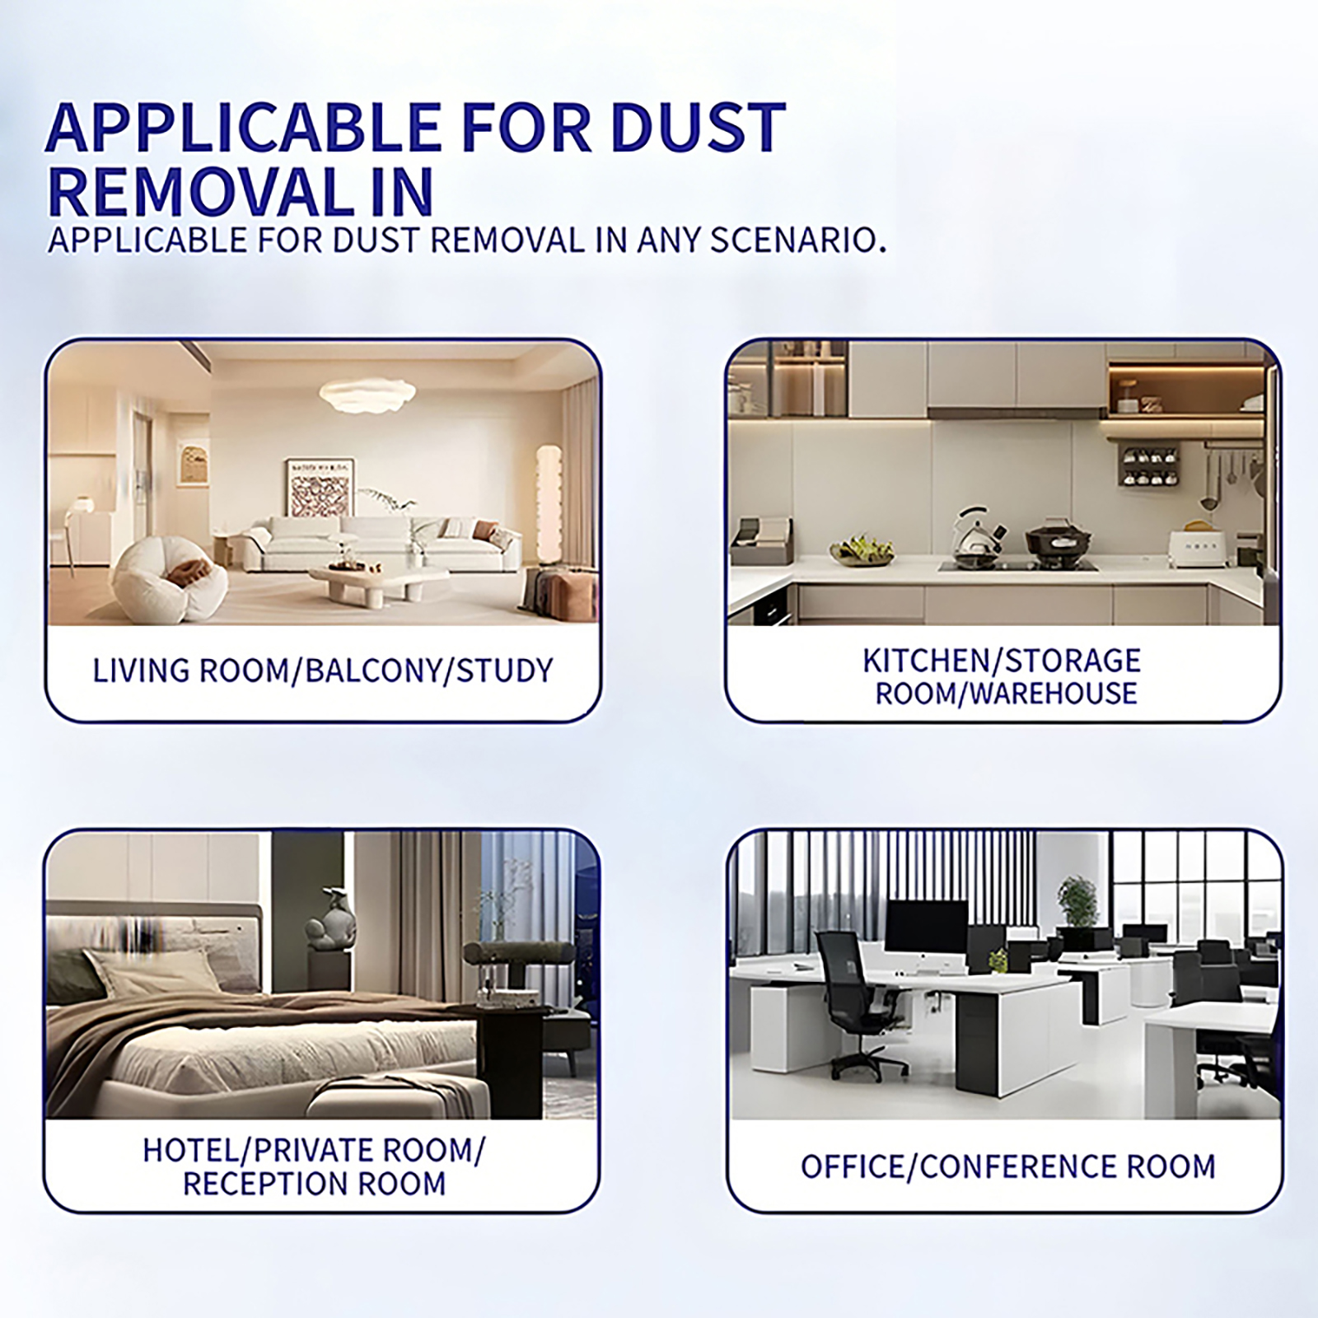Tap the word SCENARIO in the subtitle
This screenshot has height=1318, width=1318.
point(797,240)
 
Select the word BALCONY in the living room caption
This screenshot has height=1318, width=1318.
point(372,671)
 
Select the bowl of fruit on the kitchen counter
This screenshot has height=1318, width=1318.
point(862,549)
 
